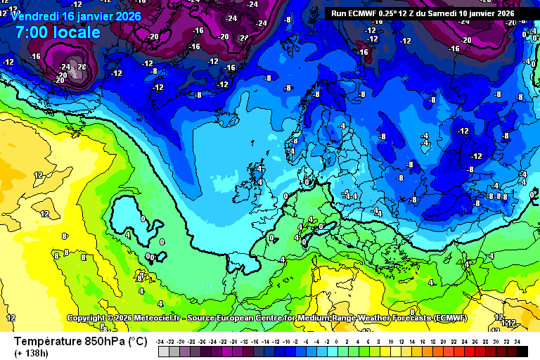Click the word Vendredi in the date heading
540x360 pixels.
coord(35,15)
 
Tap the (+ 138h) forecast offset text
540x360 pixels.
coord(31,353)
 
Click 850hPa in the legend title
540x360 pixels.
coord(103,342)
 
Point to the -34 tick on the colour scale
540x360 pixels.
coord(161,341)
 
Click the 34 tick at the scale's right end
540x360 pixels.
coord(517,341)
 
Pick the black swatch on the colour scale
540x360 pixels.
coord(521,351)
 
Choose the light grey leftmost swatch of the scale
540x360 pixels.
coord(163,351)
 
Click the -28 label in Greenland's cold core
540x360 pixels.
coord(81,67)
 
